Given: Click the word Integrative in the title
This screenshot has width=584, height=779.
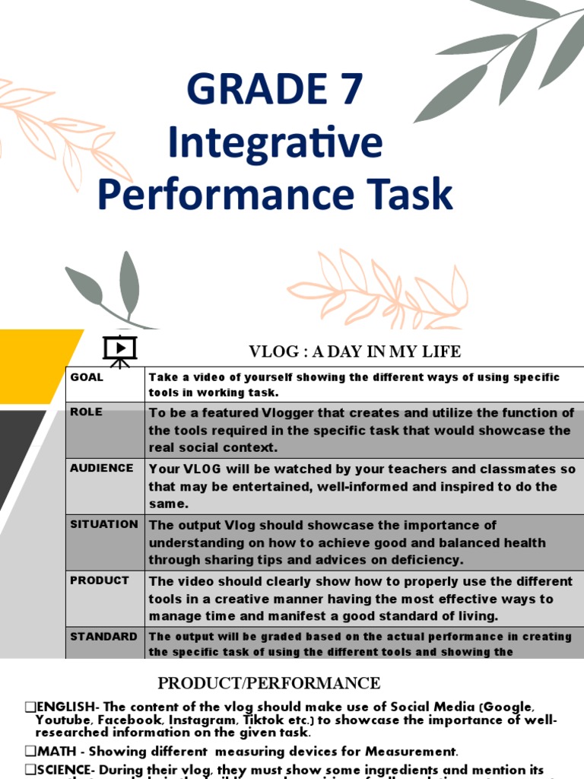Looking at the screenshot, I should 275,141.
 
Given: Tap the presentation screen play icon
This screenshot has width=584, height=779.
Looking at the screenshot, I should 119,349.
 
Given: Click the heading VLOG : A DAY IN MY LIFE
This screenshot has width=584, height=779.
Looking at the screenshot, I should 355,351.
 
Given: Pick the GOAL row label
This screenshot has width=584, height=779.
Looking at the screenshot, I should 87,377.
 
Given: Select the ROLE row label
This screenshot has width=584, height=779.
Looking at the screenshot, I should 86,412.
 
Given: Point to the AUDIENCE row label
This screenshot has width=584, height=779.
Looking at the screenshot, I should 102,468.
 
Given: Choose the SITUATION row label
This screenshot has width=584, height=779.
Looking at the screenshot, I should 104,524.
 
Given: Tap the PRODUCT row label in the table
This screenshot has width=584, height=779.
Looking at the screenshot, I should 100,580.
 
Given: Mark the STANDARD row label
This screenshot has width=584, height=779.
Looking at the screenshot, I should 104,636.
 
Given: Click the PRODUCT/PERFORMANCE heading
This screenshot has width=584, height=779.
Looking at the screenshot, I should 269,682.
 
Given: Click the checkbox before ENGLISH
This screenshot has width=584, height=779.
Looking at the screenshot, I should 30,707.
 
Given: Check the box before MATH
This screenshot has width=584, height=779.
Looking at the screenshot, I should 30,752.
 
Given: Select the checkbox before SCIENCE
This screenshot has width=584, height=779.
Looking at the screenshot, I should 30,770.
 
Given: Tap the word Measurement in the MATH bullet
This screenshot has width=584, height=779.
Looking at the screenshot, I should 407,752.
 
